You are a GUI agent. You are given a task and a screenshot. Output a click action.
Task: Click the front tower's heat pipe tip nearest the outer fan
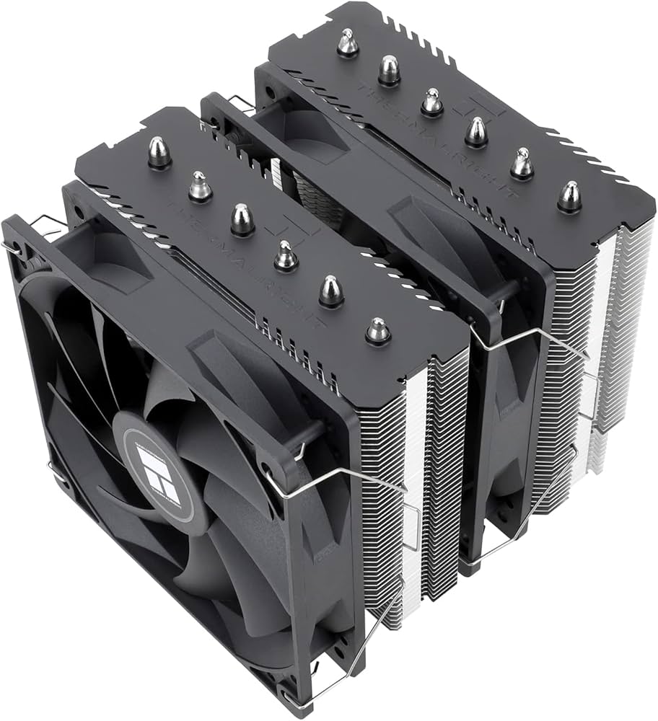click(159, 153)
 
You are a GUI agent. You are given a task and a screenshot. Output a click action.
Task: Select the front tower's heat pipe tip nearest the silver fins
click(377, 329)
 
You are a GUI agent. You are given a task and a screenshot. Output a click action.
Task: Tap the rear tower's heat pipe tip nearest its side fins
click(569, 195)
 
